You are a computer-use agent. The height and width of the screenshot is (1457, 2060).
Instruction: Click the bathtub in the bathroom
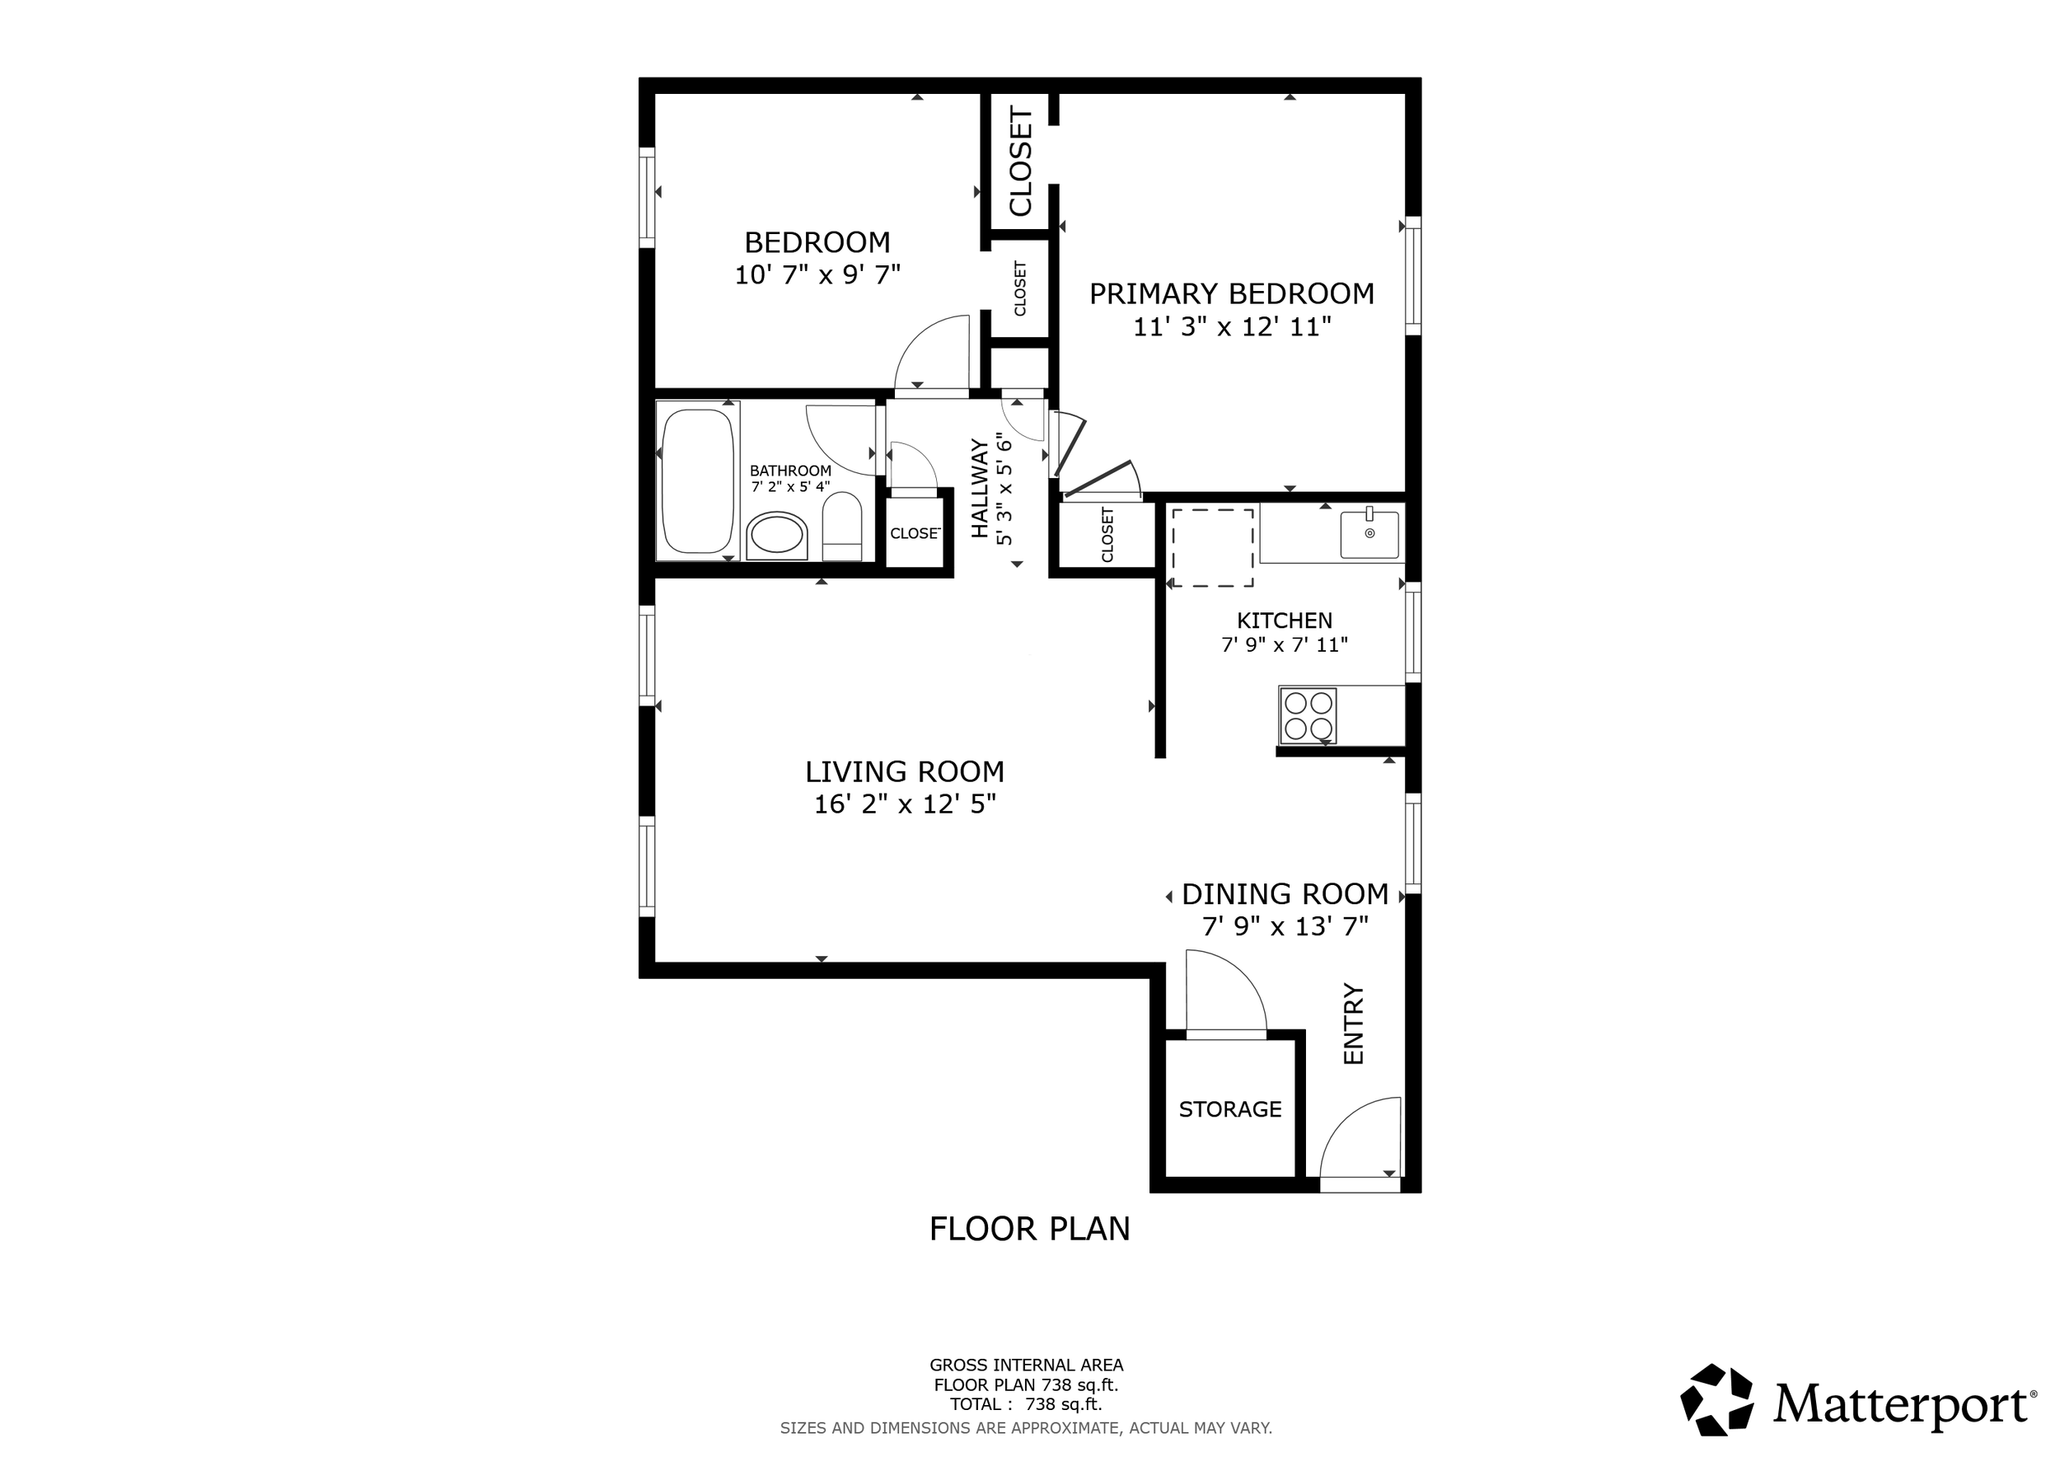click(x=697, y=481)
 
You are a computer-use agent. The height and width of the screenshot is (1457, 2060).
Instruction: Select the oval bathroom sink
click(x=777, y=536)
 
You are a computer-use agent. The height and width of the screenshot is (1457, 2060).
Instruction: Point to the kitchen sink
click(x=1369, y=535)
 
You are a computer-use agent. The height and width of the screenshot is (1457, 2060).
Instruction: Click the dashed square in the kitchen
click(x=1212, y=547)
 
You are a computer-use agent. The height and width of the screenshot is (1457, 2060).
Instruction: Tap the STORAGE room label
click(x=1229, y=1110)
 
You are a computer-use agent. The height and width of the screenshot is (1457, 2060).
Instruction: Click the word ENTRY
click(x=1353, y=1024)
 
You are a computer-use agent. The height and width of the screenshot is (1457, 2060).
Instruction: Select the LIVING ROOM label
click(x=905, y=771)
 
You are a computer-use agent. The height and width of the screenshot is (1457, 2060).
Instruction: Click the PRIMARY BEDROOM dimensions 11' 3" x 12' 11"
click(x=1231, y=327)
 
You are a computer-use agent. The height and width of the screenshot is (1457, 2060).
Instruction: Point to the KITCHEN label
click(x=1284, y=620)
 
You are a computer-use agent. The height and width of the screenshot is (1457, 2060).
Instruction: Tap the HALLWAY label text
click(x=980, y=488)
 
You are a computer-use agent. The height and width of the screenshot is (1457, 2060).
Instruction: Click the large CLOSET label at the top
click(x=1021, y=162)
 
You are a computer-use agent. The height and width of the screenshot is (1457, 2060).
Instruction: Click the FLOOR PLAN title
click(x=1029, y=1229)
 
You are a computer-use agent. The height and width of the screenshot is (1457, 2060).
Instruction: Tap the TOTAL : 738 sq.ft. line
click(x=1026, y=1405)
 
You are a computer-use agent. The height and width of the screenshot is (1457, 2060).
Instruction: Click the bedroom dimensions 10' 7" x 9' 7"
click(x=817, y=275)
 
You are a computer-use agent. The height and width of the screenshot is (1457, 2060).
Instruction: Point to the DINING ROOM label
click(x=1285, y=894)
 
